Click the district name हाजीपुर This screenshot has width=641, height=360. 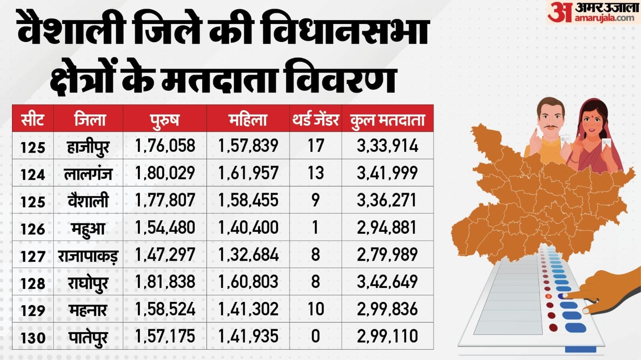pos(88,147)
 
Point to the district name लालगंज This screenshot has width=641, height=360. pos(88,174)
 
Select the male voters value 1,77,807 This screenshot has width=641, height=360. pos(165,200)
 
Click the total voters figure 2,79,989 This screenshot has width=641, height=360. pos(387,255)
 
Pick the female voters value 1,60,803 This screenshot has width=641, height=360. pos(248,282)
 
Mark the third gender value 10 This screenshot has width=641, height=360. pos(316,309)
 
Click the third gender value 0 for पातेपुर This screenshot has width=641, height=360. pos(316,336)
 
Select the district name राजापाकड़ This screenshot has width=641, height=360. pos(88,255)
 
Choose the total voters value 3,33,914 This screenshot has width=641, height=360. pos(387,146)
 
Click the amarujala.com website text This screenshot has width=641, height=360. pos(604,18)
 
